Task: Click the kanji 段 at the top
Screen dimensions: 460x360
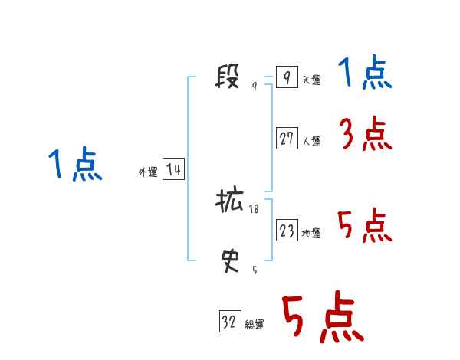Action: [229, 77]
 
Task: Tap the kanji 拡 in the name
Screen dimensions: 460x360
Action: [229, 201]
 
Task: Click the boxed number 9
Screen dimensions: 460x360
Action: [286, 77]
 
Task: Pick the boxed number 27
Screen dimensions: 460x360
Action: [287, 138]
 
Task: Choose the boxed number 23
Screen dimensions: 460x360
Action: [287, 231]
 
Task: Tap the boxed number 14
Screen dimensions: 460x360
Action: [173, 169]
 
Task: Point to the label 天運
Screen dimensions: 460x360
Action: [311, 80]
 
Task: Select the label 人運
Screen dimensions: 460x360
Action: [311, 141]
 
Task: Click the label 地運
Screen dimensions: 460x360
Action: [311, 234]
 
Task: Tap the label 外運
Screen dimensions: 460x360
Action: [148, 172]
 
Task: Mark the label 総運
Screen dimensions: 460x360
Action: [255, 325]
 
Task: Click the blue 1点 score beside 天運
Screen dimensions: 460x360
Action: [364, 74]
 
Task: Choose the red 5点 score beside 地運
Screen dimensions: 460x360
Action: [364, 226]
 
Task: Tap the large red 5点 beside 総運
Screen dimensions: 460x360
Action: [321, 318]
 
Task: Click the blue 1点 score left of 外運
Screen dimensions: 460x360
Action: [75, 165]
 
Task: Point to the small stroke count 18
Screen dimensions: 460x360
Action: [255, 208]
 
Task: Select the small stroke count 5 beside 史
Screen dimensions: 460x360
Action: [255, 270]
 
